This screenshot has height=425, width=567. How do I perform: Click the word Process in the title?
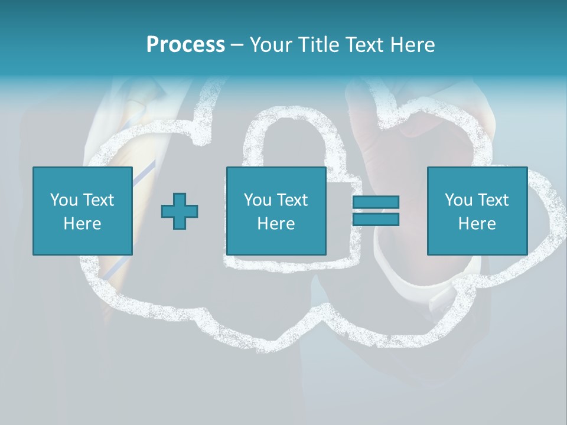pos(185,45)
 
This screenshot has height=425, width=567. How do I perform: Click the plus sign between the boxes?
pos(180,211)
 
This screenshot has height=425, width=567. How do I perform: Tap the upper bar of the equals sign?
pos(376,202)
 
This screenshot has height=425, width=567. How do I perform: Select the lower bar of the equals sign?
pos(376,219)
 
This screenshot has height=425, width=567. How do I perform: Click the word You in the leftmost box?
pos(63,200)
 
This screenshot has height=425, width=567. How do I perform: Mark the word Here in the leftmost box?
pos(82,224)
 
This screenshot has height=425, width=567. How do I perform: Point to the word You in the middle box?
pos(258,200)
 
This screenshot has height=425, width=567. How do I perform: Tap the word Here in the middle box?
pos(276,224)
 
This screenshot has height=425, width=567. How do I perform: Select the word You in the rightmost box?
pos(458,200)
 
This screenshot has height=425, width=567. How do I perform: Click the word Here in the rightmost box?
pos(477,224)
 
